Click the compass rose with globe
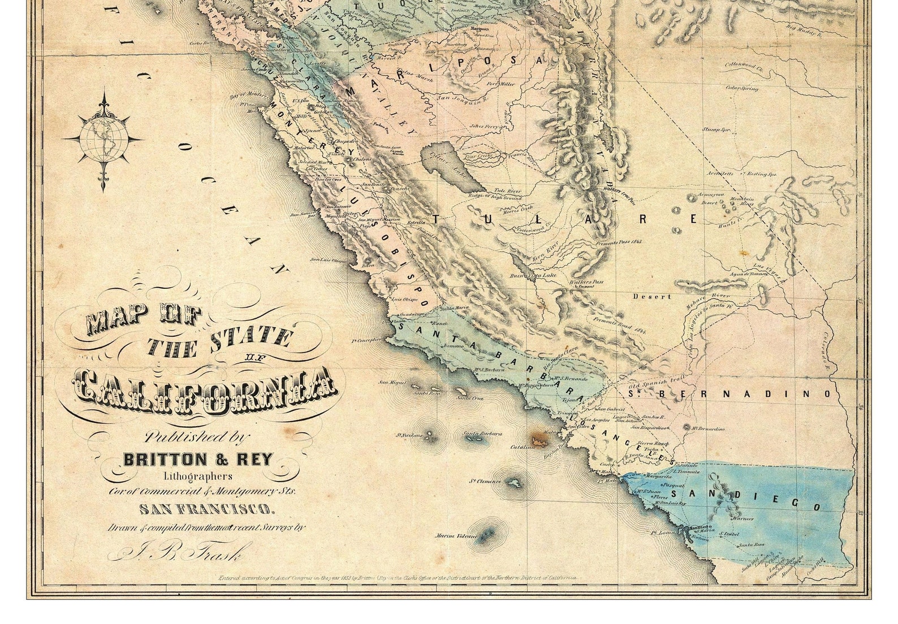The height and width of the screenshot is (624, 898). (x=103, y=138)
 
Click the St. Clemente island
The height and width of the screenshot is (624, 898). (x=513, y=483)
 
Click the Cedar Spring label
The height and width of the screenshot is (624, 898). (x=741, y=89)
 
